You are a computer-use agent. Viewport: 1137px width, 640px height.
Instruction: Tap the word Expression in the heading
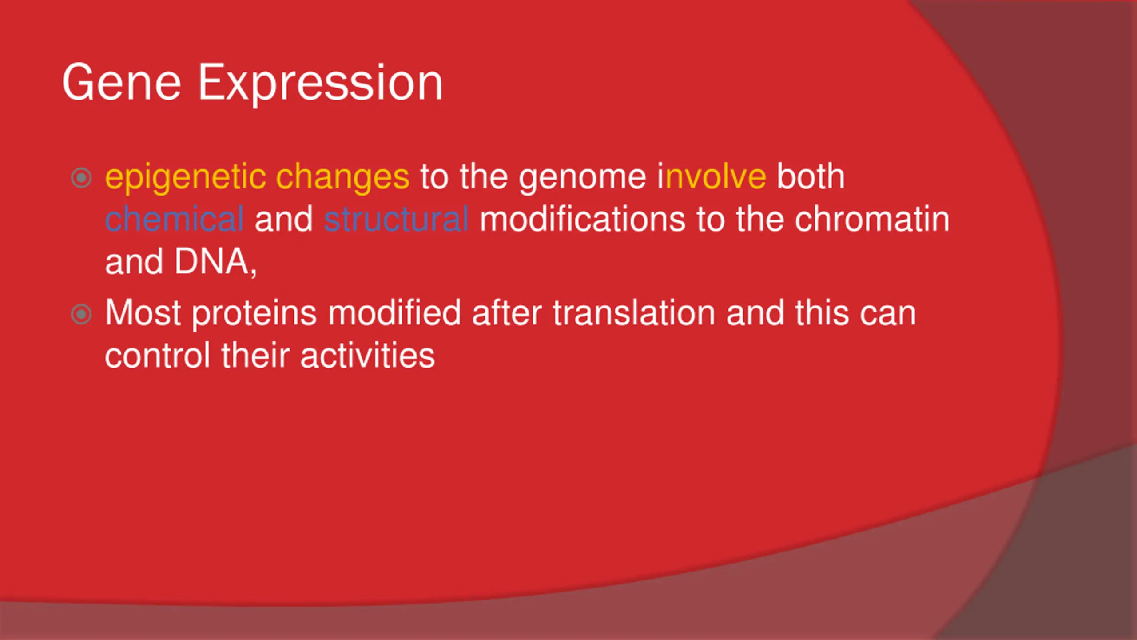pos(320,84)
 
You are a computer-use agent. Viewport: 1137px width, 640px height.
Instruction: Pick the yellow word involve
pos(712,176)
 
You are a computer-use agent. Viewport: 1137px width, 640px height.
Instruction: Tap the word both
pos(811,176)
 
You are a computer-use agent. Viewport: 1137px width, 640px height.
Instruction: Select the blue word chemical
pos(174,219)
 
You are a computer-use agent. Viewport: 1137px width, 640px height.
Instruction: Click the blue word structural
pos(396,219)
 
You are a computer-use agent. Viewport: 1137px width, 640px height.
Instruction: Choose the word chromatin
pos(872,219)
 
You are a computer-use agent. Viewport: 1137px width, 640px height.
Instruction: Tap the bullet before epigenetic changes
pos(81,178)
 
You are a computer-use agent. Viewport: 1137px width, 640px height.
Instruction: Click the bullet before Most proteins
pos(81,315)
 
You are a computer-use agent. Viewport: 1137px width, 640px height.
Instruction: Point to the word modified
pos(394,313)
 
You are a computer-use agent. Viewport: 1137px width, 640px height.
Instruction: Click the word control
pos(157,356)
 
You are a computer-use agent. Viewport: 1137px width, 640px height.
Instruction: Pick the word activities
pos(367,356)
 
